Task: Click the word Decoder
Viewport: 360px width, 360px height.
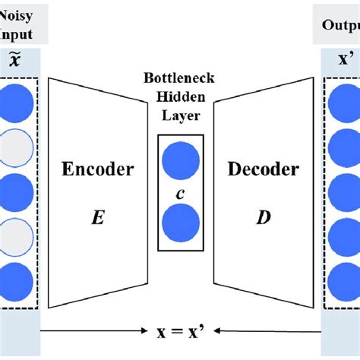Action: (262, 169)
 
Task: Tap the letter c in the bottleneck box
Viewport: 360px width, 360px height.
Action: (180, 193)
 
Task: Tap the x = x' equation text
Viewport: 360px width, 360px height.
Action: (181, 331)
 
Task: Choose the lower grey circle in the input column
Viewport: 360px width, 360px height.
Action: (17, 235)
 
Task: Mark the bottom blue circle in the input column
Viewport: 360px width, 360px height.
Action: (17, 281)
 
